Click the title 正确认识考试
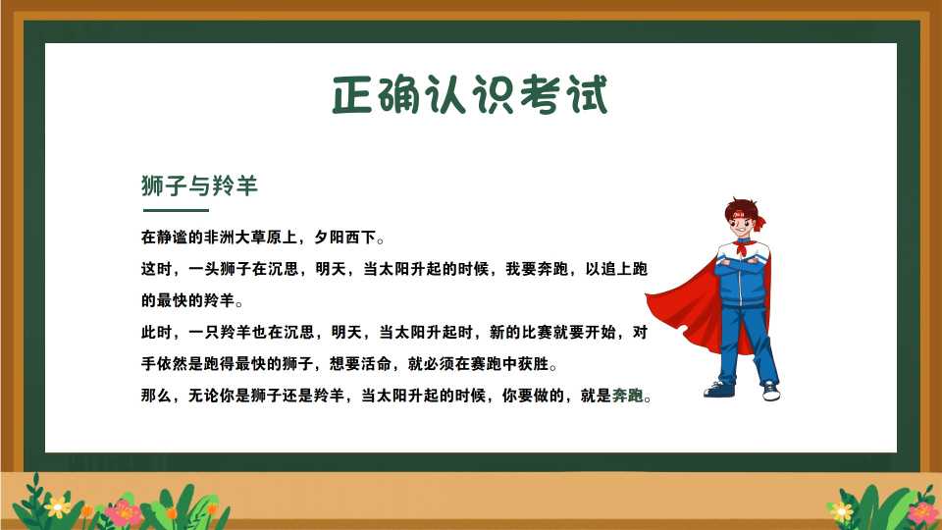point(470,94)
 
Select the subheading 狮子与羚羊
point(199,185)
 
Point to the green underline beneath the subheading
point(176,210)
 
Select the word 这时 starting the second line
point(156,269)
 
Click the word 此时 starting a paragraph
point(156,333)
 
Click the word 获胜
point(534,364)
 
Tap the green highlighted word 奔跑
point(627,396)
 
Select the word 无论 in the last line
point(204,396)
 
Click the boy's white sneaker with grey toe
point(771,392)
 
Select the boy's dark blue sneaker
point(719,390)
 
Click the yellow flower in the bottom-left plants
point(58,507)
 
